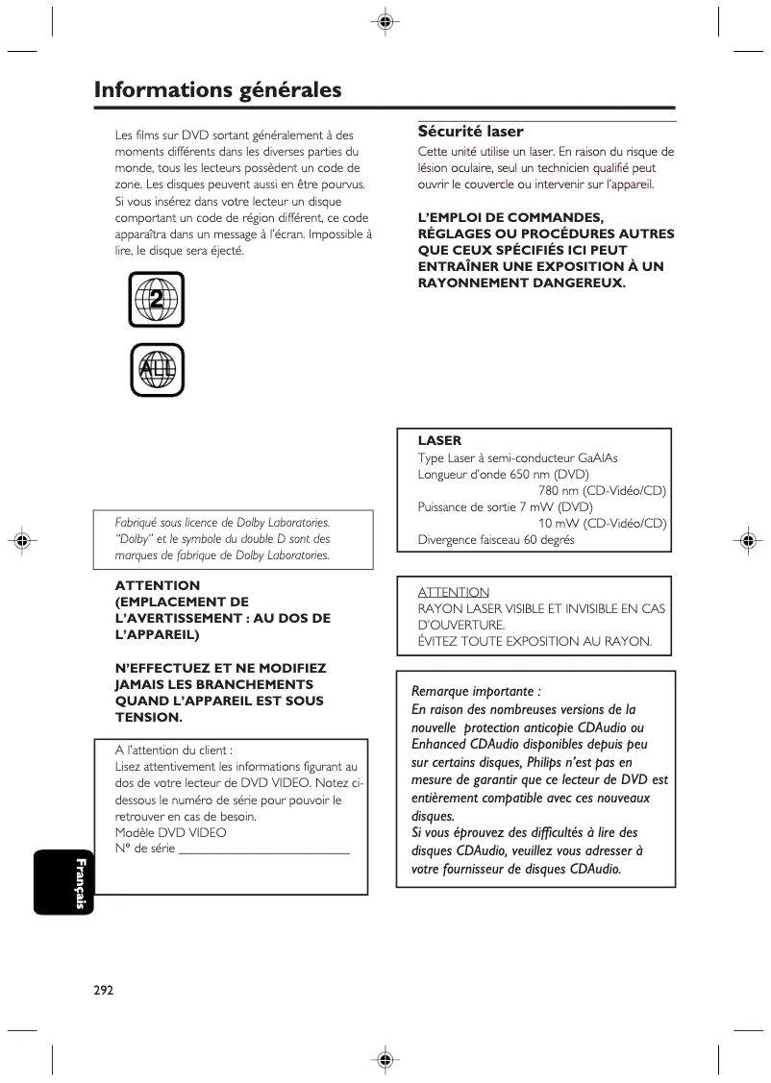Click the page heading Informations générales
[218, 90]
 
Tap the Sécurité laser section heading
[470, 132]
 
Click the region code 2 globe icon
[156, 300]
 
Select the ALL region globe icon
[156, 370]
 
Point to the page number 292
[104, 991]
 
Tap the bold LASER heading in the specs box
[439, 441]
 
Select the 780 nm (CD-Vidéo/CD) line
[595, 490]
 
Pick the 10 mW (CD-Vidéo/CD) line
[602, 523]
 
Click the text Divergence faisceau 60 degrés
[496, 539]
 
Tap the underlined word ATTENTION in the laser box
[453, 592]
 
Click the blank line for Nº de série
[264, 849]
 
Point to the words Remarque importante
[476, 691]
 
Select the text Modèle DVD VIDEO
[171, 832]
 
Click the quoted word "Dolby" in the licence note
[133, 538]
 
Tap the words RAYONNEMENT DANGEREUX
[521, 283]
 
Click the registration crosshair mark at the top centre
[385, 22]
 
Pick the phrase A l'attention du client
[174, 750]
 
